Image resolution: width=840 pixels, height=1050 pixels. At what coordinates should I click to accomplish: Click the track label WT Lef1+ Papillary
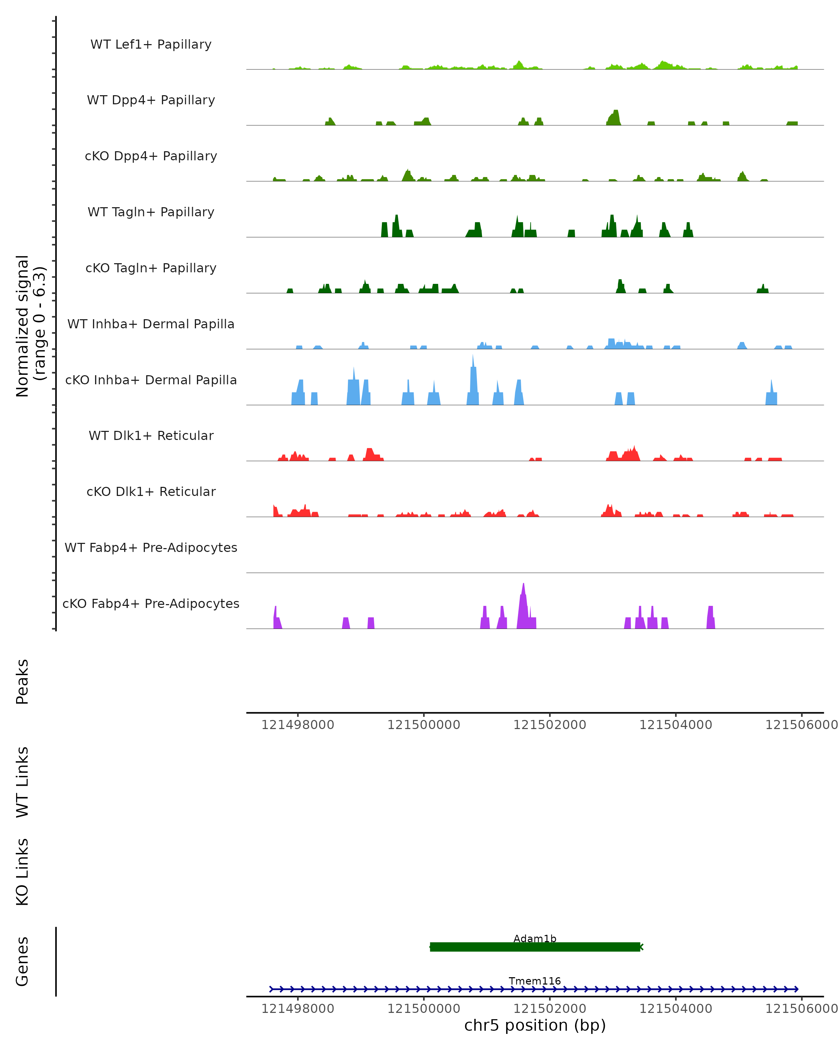click(x=151, y=44)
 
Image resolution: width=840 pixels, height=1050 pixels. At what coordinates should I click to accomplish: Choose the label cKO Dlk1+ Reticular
click(x=151, y=491)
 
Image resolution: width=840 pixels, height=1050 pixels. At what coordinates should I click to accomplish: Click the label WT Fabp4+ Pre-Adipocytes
click(x=151, y=547)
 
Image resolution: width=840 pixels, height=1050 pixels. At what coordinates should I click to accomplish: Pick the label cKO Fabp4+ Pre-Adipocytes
click(x=151, y=603)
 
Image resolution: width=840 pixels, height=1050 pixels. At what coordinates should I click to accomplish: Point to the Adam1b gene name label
click(x=535, y=938)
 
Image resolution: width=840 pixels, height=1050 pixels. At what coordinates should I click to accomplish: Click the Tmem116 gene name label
click(x=535, y=981)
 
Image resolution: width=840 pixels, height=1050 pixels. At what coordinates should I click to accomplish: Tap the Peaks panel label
click(x=22, y=681)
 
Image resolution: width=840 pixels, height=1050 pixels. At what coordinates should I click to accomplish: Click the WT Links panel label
click(x=22, y=782)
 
